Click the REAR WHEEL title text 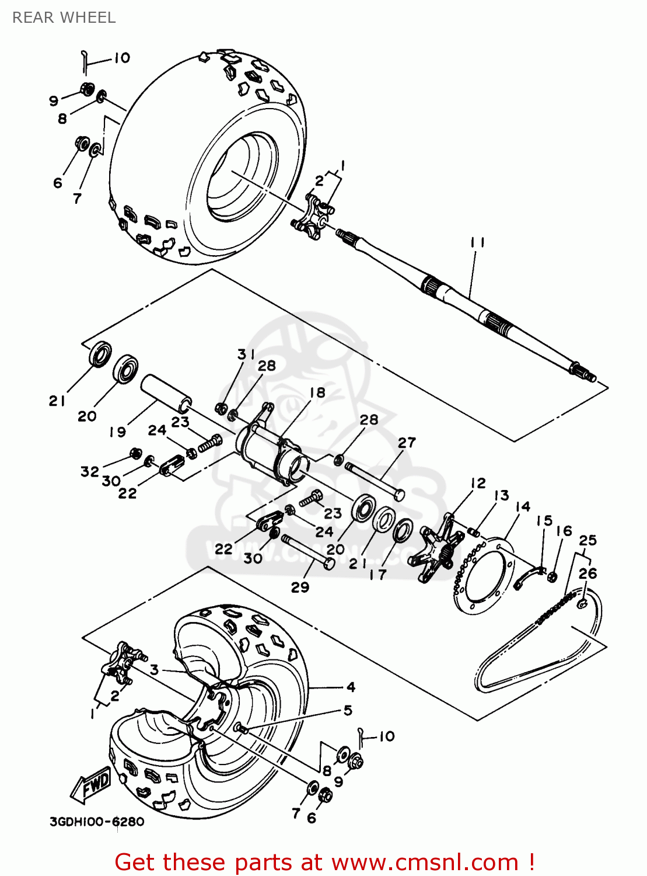64,18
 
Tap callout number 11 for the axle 477,242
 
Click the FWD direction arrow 91,784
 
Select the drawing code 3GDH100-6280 97,822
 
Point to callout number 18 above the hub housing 317,392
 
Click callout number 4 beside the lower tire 351,687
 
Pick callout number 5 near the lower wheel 348,710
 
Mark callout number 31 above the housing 246,354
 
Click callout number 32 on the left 90,471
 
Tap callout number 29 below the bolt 300,587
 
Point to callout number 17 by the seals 378,575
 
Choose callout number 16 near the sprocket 564,530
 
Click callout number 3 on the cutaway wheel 154,669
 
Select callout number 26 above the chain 588,573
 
